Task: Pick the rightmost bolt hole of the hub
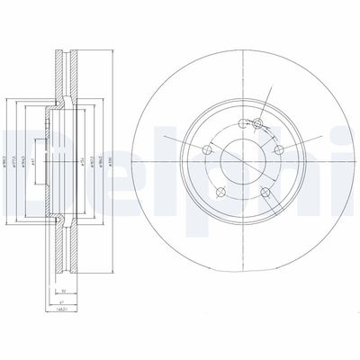(x=279, y=149)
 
